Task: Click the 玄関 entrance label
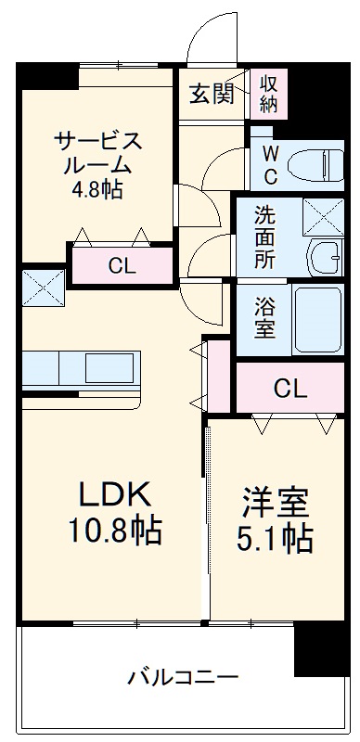[x=212, y=95]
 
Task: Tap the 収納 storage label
[x=268, y=94]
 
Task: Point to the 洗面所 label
[x=265, y=237]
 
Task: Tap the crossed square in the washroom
[x=324, y=220]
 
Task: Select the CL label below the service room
[x=121, y=266]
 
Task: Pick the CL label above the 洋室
[x=289, y=389]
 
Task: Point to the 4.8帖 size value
[x=96, y=191]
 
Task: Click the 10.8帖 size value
[x=113, y=531]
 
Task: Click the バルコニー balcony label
[x=183, y=676]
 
